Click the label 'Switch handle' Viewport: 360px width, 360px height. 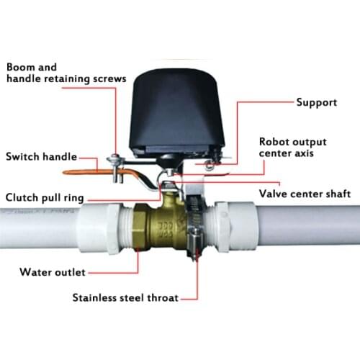40,156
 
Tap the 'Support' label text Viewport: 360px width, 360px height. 317,102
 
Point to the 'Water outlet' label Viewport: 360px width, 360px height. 50,271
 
